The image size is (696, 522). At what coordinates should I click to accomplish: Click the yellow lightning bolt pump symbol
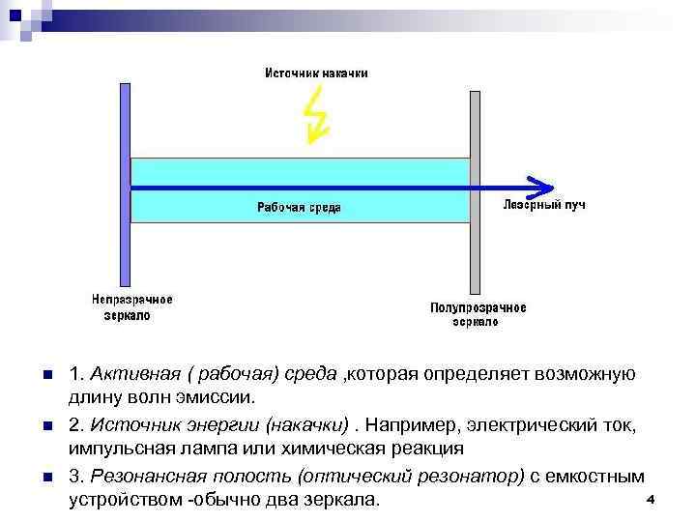316,116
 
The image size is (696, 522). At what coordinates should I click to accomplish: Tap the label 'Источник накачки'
316,72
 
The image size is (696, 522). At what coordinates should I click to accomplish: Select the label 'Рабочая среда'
299,207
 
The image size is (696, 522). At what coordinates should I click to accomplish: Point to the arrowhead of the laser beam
543,186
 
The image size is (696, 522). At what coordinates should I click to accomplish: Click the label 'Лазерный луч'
544,205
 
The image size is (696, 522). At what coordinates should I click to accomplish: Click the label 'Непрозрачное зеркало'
132,307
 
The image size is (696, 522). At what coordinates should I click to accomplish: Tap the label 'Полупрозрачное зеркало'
478,314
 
